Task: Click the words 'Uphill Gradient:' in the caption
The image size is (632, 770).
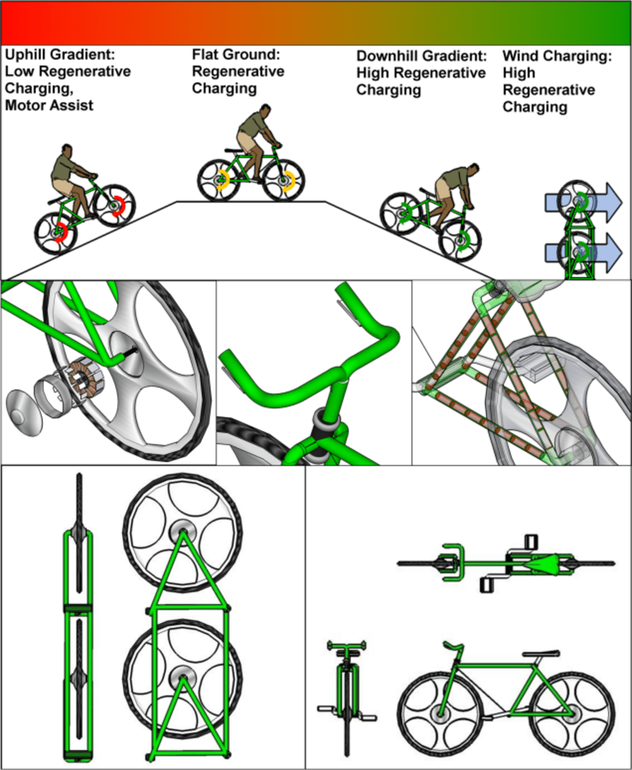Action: point(60,54)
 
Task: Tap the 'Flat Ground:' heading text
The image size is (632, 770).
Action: point(236,54)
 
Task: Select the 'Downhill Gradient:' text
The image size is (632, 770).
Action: point(421,56)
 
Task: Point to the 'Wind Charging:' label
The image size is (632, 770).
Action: point(557,56)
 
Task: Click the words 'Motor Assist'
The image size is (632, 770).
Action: point(49,105)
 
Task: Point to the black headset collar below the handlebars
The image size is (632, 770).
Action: point(325,420)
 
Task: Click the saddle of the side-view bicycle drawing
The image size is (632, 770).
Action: point(541,654)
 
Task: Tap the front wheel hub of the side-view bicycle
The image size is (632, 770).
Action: point(439,714)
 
